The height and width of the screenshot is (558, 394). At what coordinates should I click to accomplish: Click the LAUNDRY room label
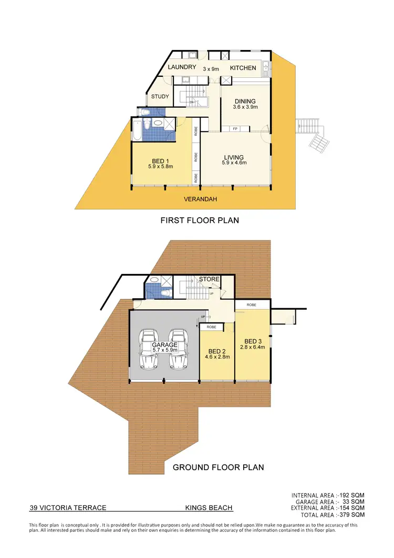coord(182,67)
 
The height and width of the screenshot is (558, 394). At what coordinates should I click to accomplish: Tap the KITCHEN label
coord(243,68)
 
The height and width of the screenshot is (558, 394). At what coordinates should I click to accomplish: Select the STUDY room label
coord(160,96)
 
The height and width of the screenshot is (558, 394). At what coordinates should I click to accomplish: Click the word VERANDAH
coord(200,199)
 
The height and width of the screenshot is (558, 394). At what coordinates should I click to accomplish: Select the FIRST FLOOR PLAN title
coord(200,220)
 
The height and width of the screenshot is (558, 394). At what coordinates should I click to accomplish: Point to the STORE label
coord(209,279)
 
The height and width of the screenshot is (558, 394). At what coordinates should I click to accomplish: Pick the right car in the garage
coord(179,350)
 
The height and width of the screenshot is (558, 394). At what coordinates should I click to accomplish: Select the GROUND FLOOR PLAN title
coord(218,466)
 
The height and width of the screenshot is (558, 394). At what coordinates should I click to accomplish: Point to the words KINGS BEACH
coord(209,508)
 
